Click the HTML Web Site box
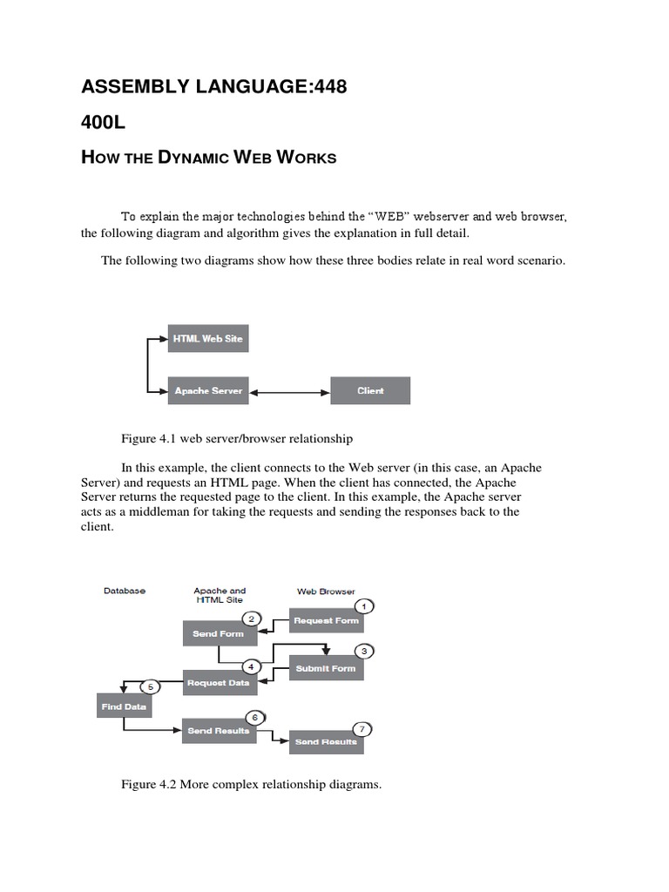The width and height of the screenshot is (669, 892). [x=208, y=339]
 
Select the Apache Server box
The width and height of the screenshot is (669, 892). [x=208, y=391]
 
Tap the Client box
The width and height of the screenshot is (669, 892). [x=370, y=391]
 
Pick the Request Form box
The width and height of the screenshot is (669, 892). [x=326, y=621]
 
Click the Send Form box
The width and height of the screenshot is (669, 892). [x=218, y=633]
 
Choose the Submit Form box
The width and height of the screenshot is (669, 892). [x=326, y=668]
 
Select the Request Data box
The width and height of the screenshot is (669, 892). [x=218, y=683]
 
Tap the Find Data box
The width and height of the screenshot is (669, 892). [x=123, y=706]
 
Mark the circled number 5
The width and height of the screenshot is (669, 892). [x=150, y=686]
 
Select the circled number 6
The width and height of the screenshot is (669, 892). [x=254, y=717]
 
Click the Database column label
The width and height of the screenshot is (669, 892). [x=125, y=591]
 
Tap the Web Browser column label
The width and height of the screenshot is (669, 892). [x=326, y=591]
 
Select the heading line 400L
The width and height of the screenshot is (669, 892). [x=104, y=123]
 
